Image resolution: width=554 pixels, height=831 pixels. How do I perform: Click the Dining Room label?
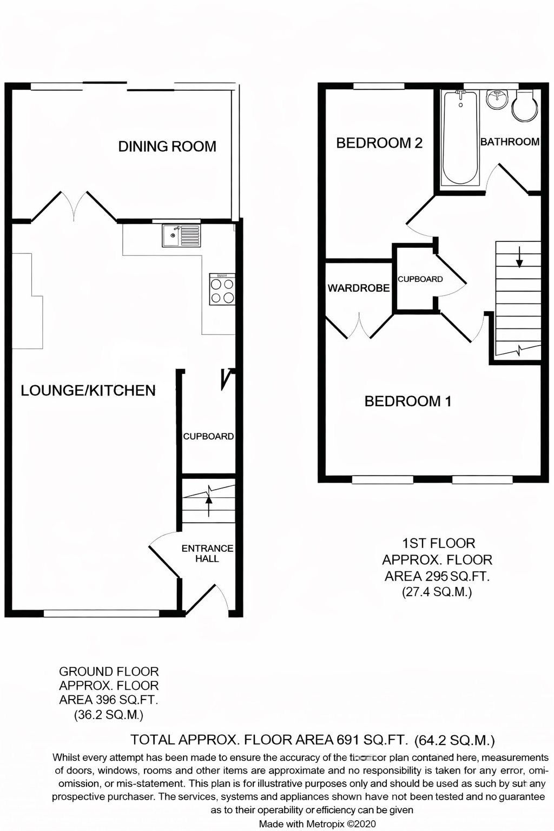tap(167, 146)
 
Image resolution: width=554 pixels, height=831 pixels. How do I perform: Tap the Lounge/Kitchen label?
tap(88, 390)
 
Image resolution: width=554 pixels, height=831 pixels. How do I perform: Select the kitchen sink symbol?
tap(181, 236)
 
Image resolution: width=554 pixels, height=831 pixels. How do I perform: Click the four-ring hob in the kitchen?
tap(222, 290)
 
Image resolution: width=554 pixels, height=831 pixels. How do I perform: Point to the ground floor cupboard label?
tap(208, 436)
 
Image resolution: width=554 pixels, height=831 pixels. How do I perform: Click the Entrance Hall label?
tap(207, 553)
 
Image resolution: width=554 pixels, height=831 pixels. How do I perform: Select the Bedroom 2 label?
tap(379, 143)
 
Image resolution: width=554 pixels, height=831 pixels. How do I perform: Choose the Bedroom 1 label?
tap(408, 401)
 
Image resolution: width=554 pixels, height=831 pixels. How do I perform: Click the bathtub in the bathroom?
tap(460, 138)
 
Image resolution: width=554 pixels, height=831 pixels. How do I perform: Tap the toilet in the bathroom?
tap(525, 107)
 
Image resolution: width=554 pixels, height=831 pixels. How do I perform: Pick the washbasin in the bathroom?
tap(496, 100)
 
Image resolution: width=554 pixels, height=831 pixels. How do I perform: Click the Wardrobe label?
tap(358, 288)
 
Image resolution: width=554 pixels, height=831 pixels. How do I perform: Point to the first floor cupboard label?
tap(420, 279)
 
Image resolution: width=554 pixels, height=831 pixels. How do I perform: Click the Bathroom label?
tap(510, 142)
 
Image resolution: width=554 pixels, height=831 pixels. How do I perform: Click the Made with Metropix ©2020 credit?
tap(317, 824)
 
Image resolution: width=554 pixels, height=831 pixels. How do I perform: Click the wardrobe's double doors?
tap(359, 327)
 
